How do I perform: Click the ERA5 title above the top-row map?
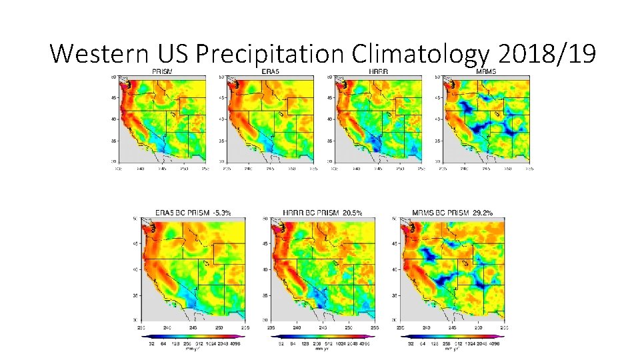(270, 72)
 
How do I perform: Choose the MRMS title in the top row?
(486, 72)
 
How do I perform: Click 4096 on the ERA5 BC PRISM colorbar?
(233, 343)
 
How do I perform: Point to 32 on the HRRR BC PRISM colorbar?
(281, 343)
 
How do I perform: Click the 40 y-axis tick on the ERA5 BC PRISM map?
(134, 269)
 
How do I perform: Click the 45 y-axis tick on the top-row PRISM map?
(113, 98)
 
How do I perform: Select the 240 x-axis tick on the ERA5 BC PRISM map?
(167, 327)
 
